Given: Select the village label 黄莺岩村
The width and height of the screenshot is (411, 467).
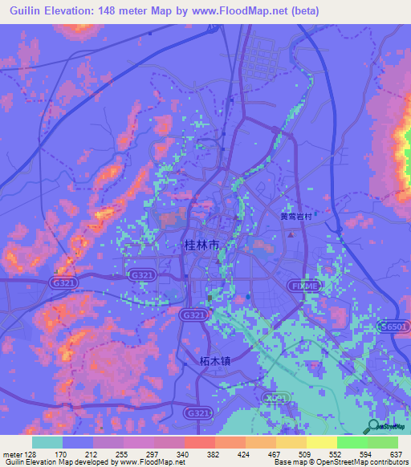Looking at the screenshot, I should (295, 216).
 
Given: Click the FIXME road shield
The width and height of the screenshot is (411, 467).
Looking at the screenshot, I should (303, 285).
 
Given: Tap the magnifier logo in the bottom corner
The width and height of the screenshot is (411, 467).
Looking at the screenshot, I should (375, 428).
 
